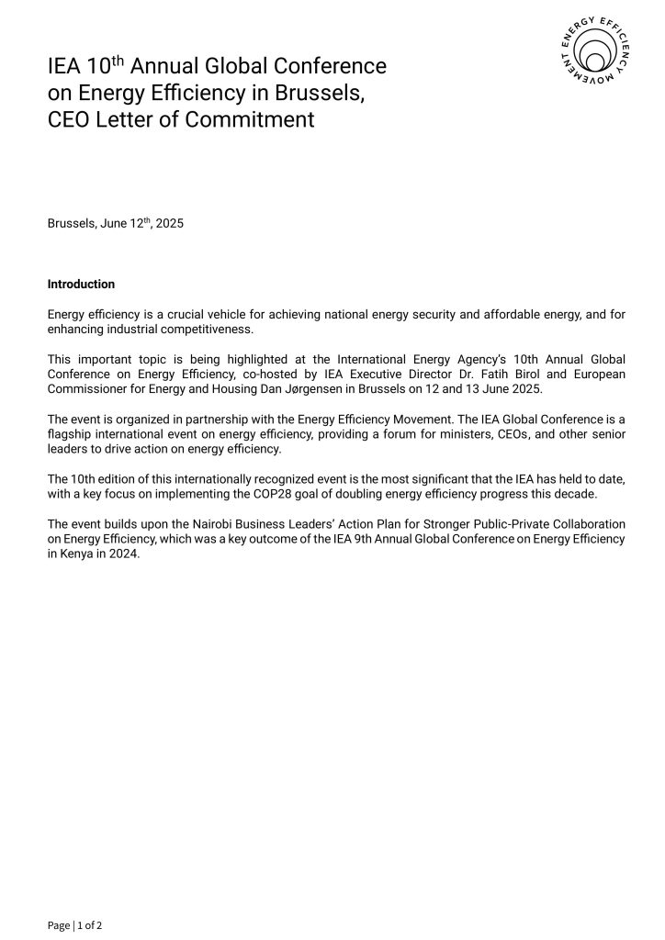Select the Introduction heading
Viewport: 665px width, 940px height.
click(x=81, y=284)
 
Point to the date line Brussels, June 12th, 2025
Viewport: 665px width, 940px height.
click(x=116, y=223)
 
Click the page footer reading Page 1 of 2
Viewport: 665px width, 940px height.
click(x=74, y=924)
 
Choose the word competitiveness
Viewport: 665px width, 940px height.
click(x=206, y=329)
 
